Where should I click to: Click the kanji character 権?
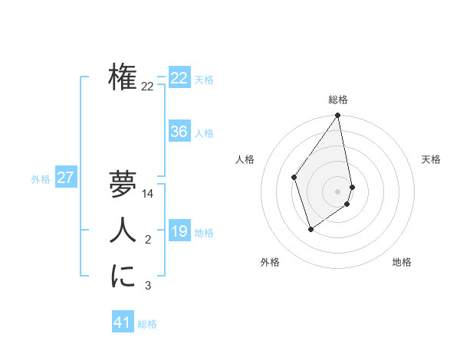[123, 77]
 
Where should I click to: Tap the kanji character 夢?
[123, 185]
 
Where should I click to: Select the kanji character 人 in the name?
[123, 230]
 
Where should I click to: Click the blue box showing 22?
[179, 78]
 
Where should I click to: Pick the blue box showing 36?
[179, 132]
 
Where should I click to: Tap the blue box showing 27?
[65, 178]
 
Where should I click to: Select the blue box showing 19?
[179, 231]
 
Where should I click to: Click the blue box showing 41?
[123, 322]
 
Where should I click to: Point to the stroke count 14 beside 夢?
[149, 195]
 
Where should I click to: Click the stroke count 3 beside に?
[148, 286]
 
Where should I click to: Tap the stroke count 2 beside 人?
[148, 241]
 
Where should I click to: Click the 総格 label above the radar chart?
[338, 100]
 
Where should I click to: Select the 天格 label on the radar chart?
[431, 159]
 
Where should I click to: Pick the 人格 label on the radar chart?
[245, 159]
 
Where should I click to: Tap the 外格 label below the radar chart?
[270, 262]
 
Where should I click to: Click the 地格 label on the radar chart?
[402, 262]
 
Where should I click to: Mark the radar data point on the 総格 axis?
[338, 116]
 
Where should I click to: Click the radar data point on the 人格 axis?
[294, 177]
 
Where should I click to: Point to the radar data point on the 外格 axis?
[310, 228]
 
